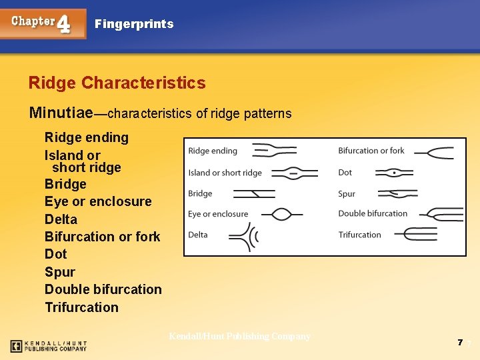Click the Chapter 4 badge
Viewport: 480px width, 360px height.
point(43,23)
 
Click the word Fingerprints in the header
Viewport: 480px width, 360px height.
point(134,24)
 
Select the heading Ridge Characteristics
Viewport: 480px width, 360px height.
point(117,83)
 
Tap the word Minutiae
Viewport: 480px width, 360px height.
point(61,113)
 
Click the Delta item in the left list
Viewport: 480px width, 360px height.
point(61,219)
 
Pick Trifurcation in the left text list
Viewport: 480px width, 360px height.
point(81,307)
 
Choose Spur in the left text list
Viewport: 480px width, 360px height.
point(60,272)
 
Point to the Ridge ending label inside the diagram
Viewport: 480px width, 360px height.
point(213,151)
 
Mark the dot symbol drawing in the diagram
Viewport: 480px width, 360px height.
point(394,173)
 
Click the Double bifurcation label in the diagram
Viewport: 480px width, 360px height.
point(373,213)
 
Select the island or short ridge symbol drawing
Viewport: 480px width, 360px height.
point(294,173)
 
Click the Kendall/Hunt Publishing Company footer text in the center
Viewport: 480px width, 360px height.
point(239,336)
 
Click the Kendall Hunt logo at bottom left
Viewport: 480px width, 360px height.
point(48,346)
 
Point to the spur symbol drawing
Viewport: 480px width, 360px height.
point(397,194)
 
